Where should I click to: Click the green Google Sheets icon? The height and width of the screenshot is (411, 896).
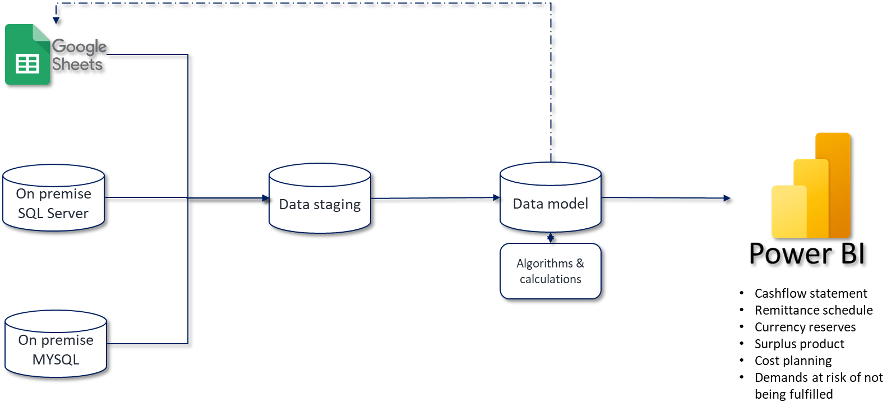tap(27, 55)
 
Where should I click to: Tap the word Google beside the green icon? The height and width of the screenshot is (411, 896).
tap(79, 47)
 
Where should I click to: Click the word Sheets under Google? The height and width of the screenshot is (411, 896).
tap(77, 64)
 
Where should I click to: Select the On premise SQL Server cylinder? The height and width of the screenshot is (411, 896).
tap(53, 198)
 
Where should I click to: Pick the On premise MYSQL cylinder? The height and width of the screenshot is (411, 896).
tap(56, 344)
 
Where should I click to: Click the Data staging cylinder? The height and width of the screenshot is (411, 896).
tap(320, 198)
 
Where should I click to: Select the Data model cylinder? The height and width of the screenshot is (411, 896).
tap(550, 197)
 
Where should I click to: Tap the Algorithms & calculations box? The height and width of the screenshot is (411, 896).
tap(550, 271)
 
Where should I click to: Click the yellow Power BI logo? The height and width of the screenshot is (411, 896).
tap(811, 186)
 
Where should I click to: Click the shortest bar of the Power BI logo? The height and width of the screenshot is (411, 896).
tap(788, 212)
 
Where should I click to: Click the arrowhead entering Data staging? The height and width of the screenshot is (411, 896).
tap(266, 198)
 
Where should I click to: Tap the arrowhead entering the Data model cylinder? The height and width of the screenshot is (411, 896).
tap(496, 197)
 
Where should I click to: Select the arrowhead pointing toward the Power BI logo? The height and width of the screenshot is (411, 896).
tap(727, 198)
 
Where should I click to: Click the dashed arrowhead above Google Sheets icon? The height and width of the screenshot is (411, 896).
tap(56, 20)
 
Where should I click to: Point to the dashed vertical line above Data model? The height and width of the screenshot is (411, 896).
tap(551, 84)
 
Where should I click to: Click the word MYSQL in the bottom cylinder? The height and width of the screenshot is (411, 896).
tap(56, 359)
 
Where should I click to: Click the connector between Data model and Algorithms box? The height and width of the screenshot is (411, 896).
tap(551, 238)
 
